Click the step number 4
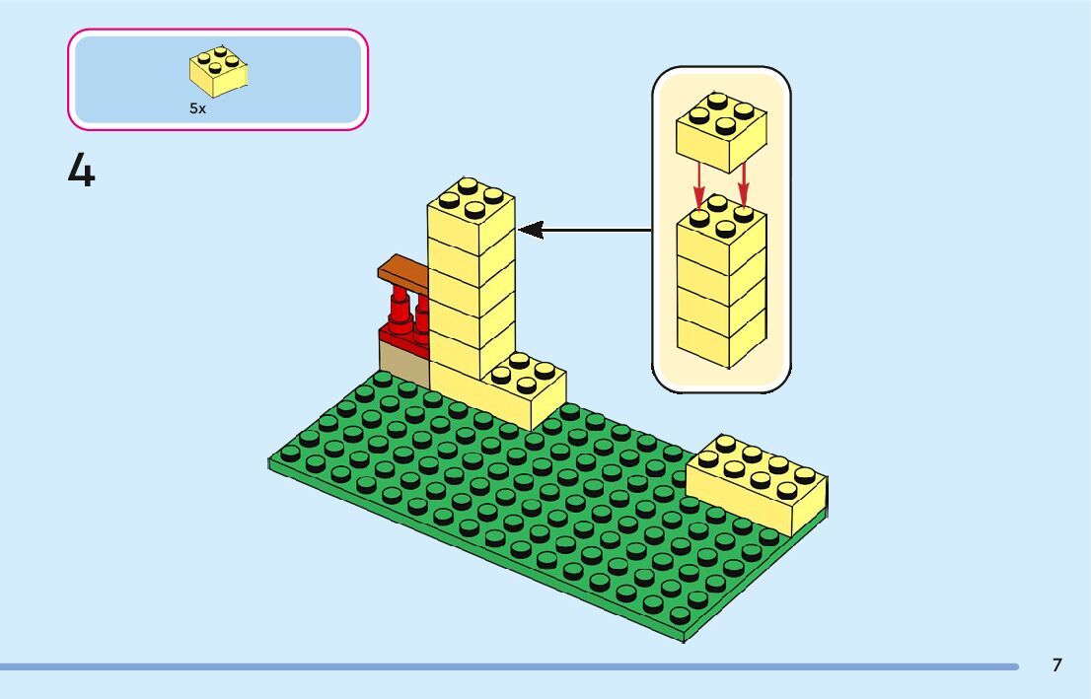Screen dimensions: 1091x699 click(82, 171)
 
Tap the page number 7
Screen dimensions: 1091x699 click(1056, 665)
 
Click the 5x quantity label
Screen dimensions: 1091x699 click(198, 109)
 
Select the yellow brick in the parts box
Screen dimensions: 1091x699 click(218, 72)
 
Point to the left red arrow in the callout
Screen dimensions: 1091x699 click(699, 182)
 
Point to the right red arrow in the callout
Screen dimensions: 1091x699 click(743, 182)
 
